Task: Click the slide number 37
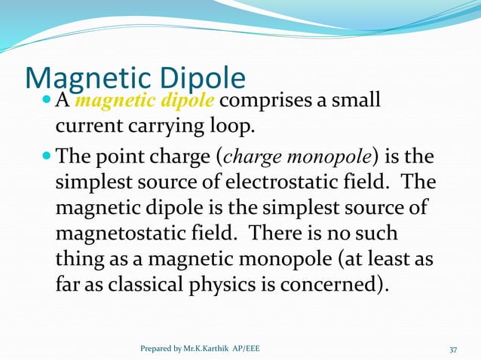pos(453,349)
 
